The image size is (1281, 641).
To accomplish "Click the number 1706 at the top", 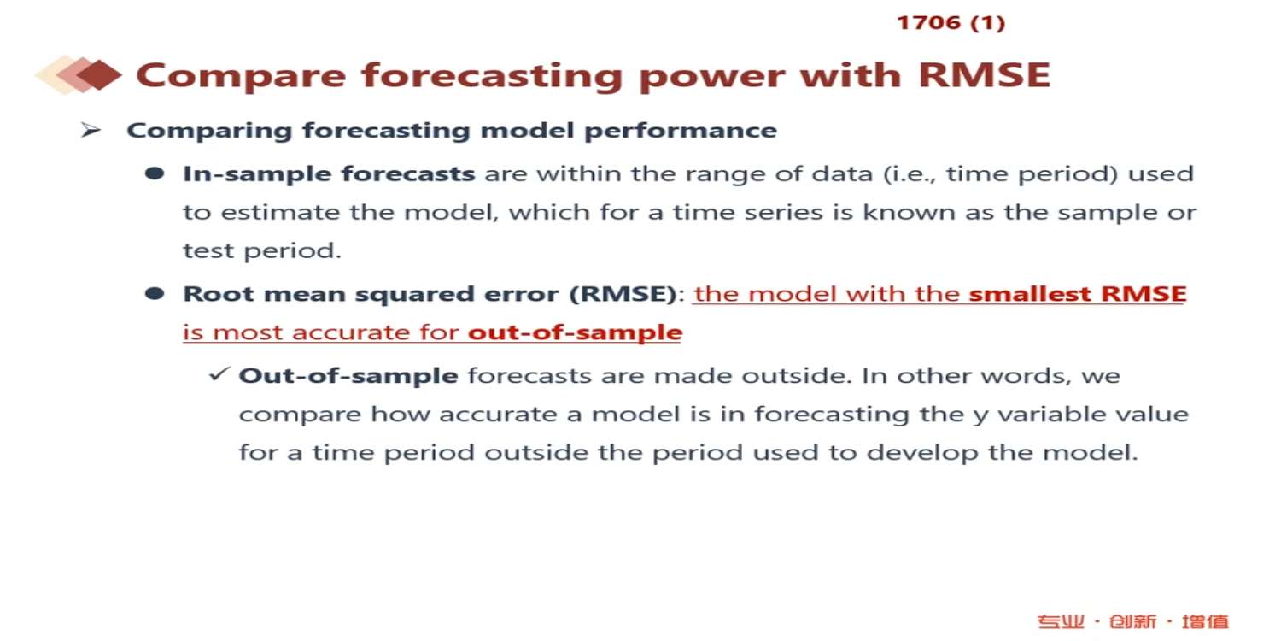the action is (x=929, y=23).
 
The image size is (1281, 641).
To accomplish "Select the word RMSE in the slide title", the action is (x=984, y=75).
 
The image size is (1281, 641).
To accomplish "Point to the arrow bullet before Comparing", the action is (x=91, y=131).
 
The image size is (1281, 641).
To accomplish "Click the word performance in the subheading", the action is (x=681, y=131).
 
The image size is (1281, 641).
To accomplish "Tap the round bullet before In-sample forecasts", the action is (x=155, y=173).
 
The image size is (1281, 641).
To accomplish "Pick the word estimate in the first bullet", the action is (x=280, y=212).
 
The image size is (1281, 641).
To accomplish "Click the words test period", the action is (x=262, y=250).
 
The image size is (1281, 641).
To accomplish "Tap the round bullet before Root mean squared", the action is (x=155, y=294).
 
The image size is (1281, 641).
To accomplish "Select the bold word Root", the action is (x=218, y=294).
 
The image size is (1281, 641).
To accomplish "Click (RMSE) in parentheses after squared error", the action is (x=623, y=294).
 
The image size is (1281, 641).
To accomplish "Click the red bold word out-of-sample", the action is (x=576, y=332).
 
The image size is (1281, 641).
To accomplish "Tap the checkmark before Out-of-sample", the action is (x=219, y=374).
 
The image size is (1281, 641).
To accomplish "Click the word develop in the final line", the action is (x=922, y=453).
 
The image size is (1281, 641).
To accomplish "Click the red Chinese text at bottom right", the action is (x=1133, y=621).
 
